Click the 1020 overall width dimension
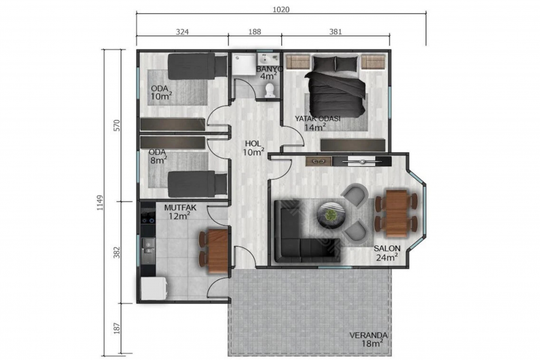pyautogui.click(x=281, y=10)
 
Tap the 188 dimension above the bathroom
pyautogui.click(x=254, y=32)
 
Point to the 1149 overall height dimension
pyautogui.click(x=100, y=203)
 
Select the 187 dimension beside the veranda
pyautogui.click(x=117, y=328)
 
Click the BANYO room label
pyautogui.click(x=269, y=69)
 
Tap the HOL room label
pyautogui.click(x=253, y=143)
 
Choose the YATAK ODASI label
pyautogui.click(x=317, y=119)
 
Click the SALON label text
pyautogui.click(x=387, y=248)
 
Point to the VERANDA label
pyautogui.click(x=368, y=335)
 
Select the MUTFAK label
pyautogui.click(x=180, y=208)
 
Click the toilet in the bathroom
pyautogui.click(x=269, y=90)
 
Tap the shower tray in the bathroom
pyautogui.click(x=243, y=64)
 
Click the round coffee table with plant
pyautogui.click(x=330, y=214)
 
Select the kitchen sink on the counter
pyautogui.click(x=148, y=247)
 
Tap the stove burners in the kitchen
pyautogui.click(x=148, y=217)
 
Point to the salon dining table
pyautogui.click(x=397, y=213)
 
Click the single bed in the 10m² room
pyautogui.click(x=197, y=65)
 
